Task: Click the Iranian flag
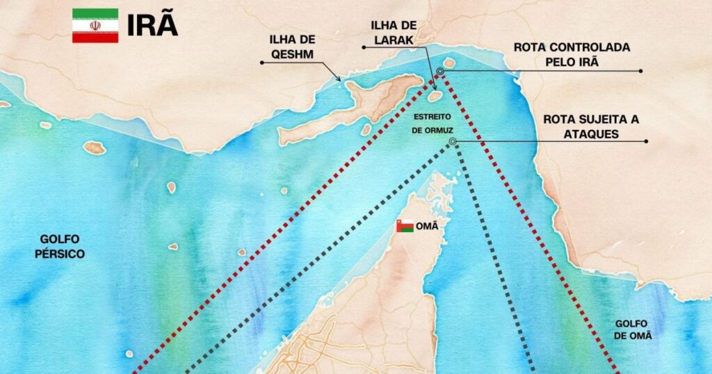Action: point(95,26)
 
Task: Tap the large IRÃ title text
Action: point(152,25)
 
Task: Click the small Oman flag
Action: point(405,226)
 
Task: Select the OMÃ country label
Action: point(425,227)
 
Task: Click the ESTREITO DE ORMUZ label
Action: point(432,122)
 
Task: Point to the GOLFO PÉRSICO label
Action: point(62,247)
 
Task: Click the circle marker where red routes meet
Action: point(440,71)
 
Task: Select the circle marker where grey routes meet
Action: point(453,142)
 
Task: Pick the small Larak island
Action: point(435,96)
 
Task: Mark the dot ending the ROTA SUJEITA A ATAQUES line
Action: point(646,142)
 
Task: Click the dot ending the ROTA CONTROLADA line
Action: point(641,71)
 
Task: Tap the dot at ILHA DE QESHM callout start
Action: point(261,63)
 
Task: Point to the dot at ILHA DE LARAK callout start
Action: point(363,47)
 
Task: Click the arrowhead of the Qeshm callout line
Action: point(340,81)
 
